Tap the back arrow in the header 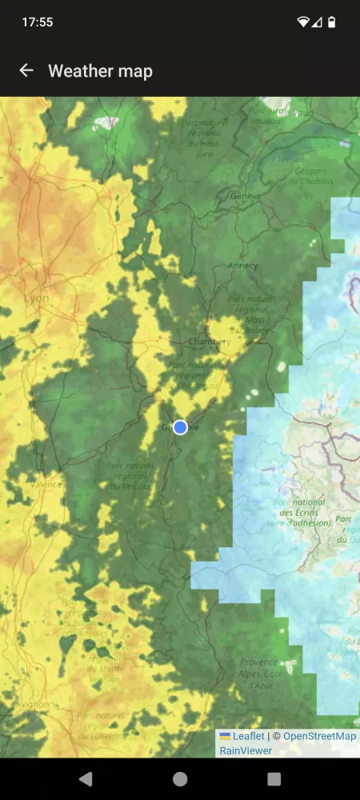tap(26, 70)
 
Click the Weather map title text tap(100, 70)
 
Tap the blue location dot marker tap(180, 427)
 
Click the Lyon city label tap(36, 298)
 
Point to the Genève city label tap(246, 196)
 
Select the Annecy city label tap(242, 266)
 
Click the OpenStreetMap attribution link tap(319, 736)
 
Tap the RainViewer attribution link tap(246, 750)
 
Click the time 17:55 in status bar tap(38, 22)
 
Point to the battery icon tap(332, 22)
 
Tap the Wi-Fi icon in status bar tap(303, 22)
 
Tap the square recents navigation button tap(274, 778)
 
